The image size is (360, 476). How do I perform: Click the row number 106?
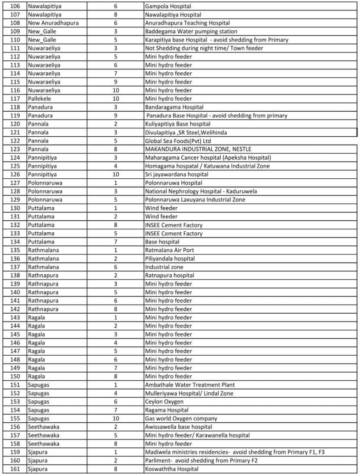14,6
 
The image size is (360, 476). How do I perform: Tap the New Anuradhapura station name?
53,23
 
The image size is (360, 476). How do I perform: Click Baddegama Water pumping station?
191,32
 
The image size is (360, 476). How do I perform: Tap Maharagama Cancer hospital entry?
208,158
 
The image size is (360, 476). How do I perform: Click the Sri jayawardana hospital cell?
177,174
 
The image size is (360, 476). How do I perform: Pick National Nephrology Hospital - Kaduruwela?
201,191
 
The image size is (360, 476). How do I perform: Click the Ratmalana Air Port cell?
170,250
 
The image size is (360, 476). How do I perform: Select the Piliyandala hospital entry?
170,259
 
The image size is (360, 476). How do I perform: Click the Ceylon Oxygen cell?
164,402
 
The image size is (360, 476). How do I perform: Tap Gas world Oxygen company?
181,418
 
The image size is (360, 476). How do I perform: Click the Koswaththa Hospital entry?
172,469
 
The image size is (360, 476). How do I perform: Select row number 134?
14,242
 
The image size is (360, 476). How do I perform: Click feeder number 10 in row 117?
116,99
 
